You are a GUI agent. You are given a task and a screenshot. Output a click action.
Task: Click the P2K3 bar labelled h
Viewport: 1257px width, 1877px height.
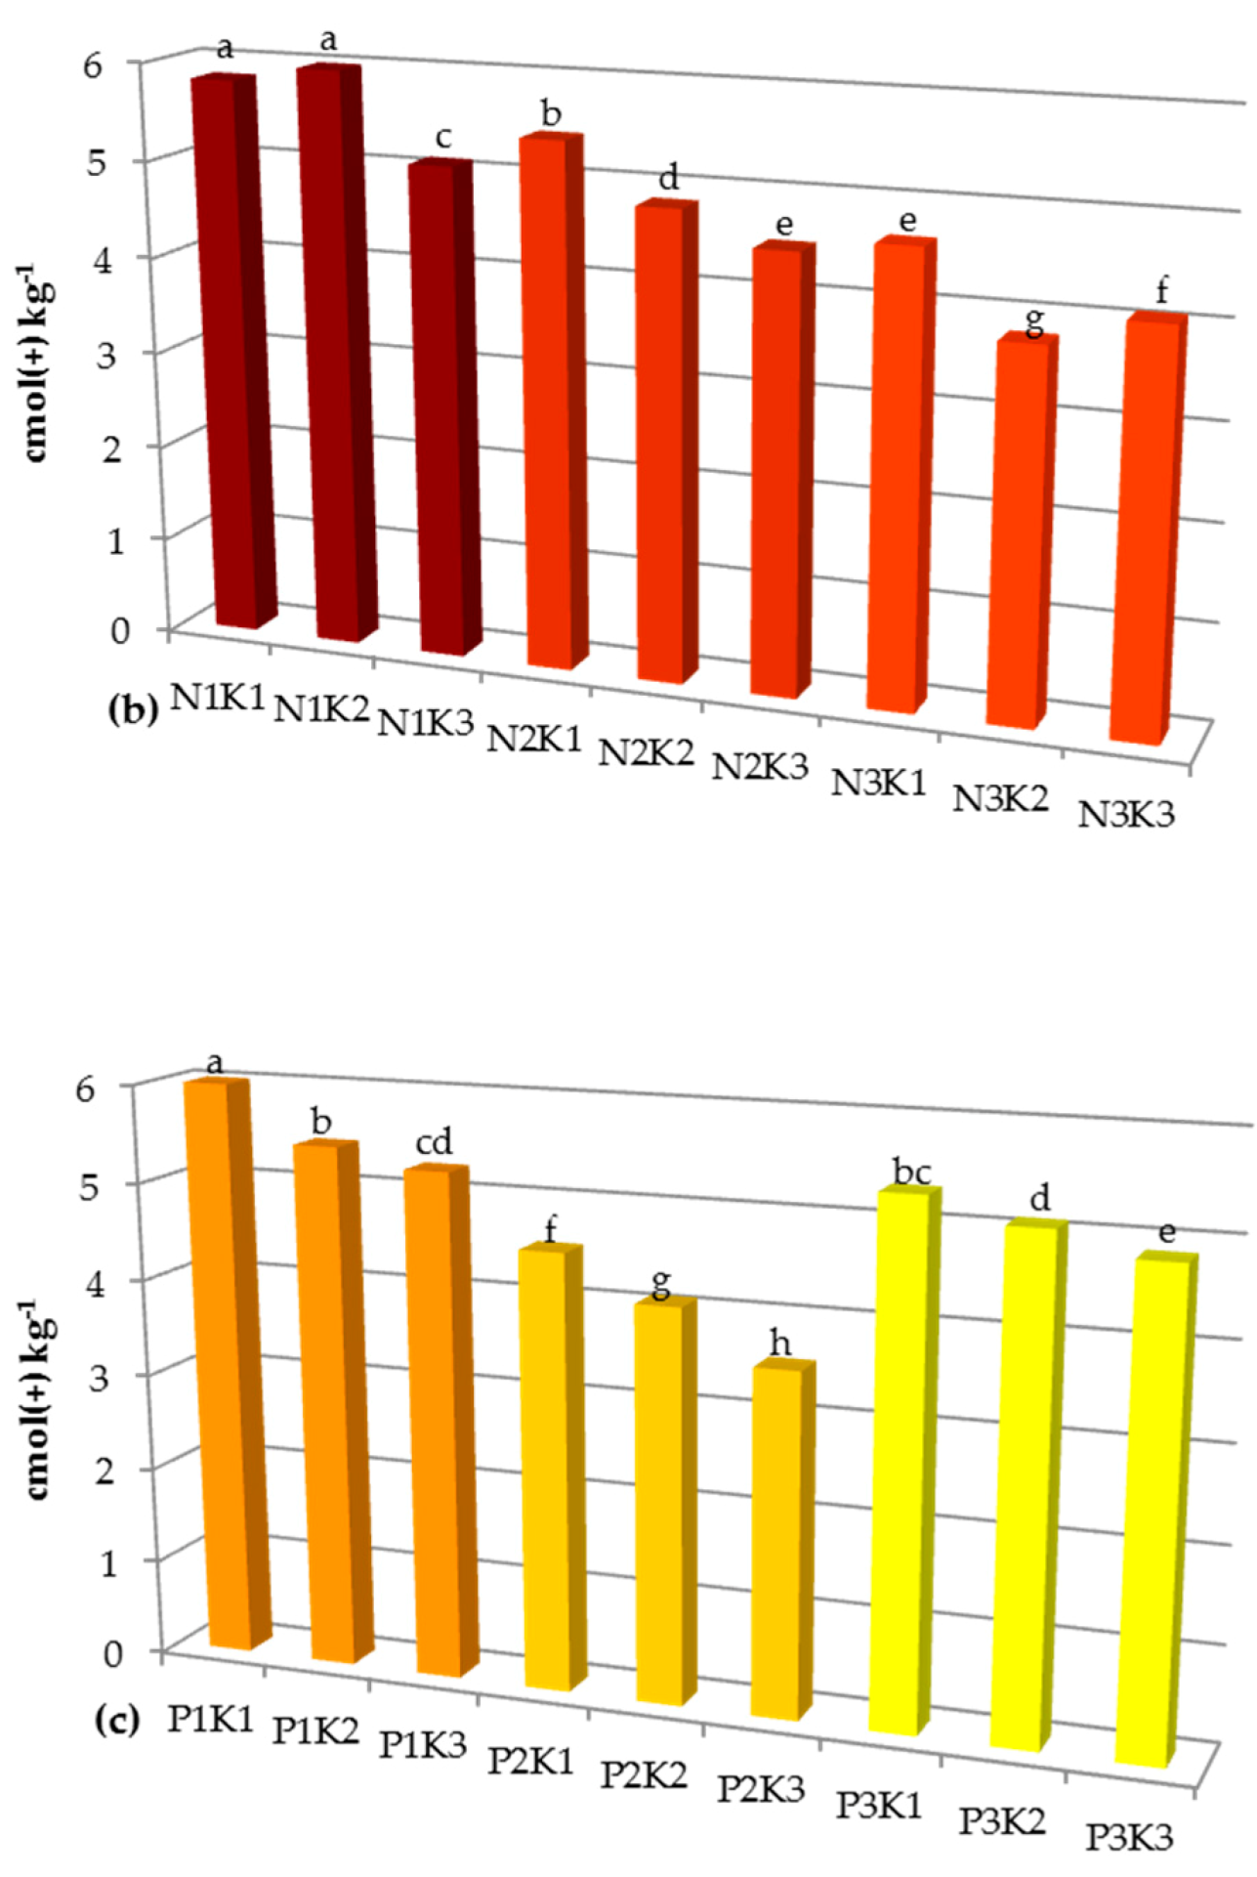[x=776, y=1544]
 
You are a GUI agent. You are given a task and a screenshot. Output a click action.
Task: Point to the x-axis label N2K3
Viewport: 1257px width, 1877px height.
[x=760, y=767]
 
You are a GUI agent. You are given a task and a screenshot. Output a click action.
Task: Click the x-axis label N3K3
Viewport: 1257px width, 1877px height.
[x=1125, y=814]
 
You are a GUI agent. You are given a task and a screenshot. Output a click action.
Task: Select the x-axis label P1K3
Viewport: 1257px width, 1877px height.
[x=424, y=1744]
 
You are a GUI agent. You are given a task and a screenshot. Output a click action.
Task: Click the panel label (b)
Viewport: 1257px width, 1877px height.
[x=132, y=709]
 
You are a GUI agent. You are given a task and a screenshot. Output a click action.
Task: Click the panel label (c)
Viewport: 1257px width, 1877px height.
[x=117, y=1721]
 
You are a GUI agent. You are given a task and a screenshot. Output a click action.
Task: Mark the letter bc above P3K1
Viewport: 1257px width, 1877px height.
[x=911, y=1172]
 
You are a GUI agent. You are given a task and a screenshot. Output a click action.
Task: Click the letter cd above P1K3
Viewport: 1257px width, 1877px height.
[x=434, y=1142]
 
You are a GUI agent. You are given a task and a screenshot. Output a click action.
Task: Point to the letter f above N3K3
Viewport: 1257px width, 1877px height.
[x=1161, y=291]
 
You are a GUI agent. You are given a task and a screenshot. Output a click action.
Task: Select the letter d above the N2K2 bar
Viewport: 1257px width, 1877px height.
[x=668, y=178]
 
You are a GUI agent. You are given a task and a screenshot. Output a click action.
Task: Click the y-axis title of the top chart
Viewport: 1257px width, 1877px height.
[x=37, y=362]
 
